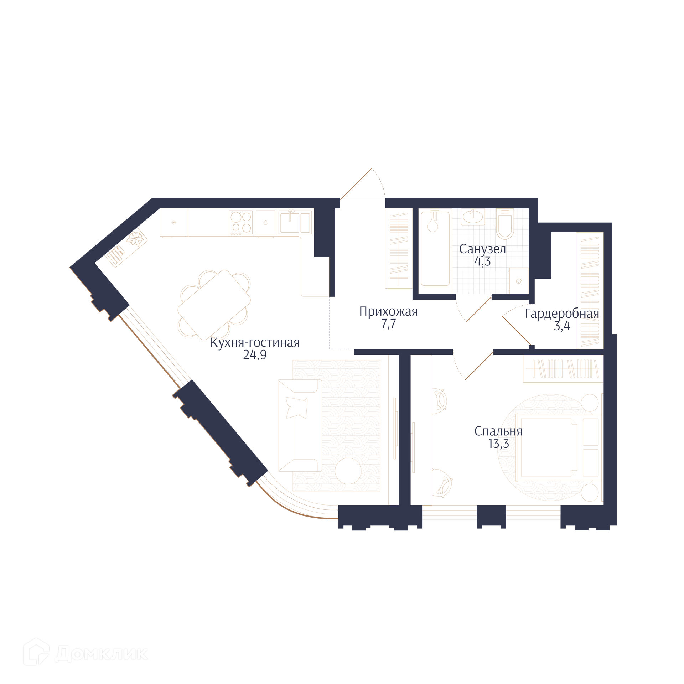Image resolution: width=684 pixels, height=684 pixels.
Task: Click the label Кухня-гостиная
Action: [255, 343]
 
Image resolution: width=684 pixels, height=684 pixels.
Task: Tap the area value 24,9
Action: [255, 355]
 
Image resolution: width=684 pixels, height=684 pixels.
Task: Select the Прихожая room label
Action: [388, 312]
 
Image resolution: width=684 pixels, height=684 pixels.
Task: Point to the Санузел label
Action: [482, 249]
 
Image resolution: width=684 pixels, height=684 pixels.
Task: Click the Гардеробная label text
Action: [562, 314]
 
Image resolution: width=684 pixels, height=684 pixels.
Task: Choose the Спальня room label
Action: [498, 432]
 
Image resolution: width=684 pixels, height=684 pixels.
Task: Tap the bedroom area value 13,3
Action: [498, 444]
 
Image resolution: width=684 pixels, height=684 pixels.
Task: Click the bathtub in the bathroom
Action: [435, 249]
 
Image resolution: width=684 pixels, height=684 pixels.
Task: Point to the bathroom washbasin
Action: [473, 217]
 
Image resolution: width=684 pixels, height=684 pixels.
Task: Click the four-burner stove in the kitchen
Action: [241, 222]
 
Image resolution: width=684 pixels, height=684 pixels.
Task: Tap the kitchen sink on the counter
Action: [295, 222]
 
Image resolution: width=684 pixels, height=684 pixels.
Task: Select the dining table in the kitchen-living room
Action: [214, 305]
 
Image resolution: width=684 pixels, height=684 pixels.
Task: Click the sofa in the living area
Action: [300, 426]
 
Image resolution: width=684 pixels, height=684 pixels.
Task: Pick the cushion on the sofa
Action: [297, 408]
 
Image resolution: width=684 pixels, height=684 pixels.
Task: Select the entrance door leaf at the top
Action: [356, 184]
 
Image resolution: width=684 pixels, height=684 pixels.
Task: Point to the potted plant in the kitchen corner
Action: [135, 238]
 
